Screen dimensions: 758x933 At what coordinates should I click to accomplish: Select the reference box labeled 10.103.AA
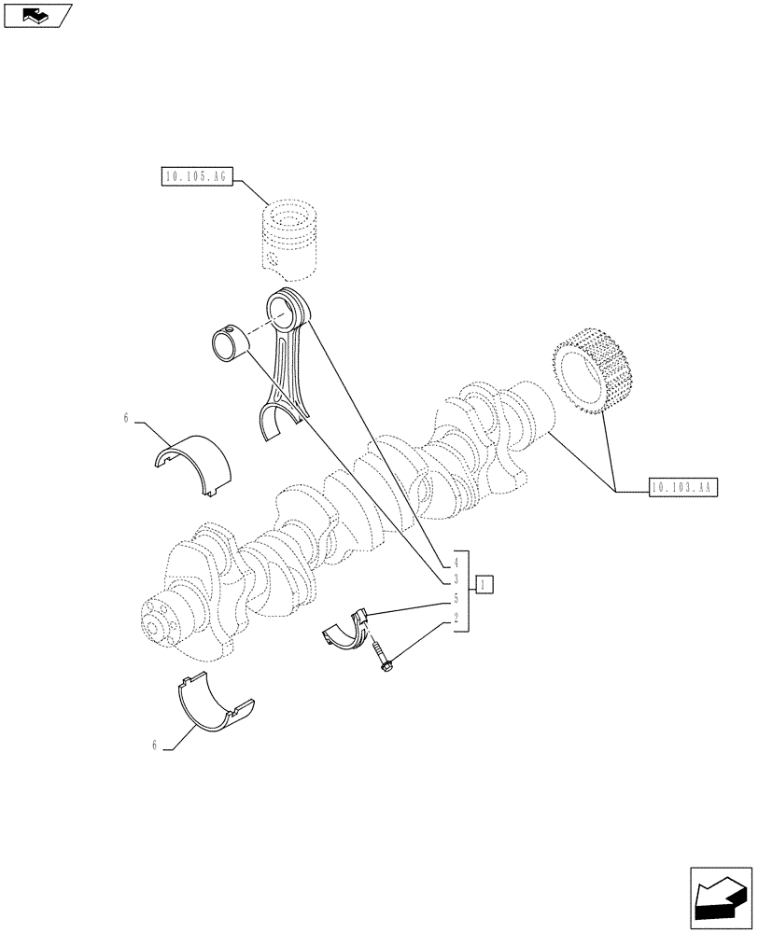(x=681, y=487)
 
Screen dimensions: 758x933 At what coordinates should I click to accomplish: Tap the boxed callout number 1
(x=484, y=585)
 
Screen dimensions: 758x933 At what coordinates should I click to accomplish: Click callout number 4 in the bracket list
(x=456, y=563)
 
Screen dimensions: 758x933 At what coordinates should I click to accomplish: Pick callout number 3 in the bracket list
(x=456, y=580)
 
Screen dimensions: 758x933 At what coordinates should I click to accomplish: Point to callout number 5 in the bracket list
(x=456, y=599)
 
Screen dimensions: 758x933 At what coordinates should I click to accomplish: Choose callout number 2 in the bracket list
(x=456, y=618)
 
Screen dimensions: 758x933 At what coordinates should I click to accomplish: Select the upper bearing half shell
(x=193, y=458)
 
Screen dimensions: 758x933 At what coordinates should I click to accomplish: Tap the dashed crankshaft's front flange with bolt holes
(x=163, y=620)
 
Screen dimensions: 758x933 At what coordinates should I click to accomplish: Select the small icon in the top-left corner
(x=37, y=15)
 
